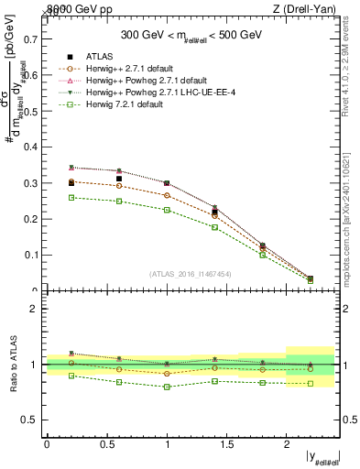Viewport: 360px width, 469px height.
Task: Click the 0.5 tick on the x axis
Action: click(x=107, y=443)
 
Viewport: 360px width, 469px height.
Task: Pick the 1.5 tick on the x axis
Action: click(x=227, y=443)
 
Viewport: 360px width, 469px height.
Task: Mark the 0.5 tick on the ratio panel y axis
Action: click(x=34, y=420)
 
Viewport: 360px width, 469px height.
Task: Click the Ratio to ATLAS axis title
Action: click(x=13, y=365)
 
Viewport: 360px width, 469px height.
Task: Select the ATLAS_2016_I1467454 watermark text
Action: click(x=191, y=273)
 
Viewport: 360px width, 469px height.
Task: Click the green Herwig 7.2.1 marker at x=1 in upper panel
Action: click(x=168, y=210)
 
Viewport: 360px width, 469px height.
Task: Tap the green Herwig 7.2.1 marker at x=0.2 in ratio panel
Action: click(x=71, y=376)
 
